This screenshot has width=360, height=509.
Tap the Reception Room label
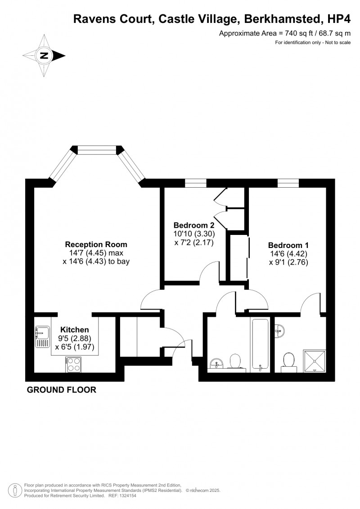96,244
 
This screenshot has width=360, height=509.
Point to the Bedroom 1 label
288,245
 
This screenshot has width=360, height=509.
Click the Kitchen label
75,329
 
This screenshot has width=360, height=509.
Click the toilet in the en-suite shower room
288,361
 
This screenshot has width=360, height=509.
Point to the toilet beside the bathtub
234,361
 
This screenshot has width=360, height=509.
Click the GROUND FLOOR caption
62,390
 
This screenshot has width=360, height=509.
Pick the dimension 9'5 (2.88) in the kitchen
75,338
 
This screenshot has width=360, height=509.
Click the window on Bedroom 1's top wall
288,183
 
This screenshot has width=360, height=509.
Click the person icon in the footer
15,490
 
